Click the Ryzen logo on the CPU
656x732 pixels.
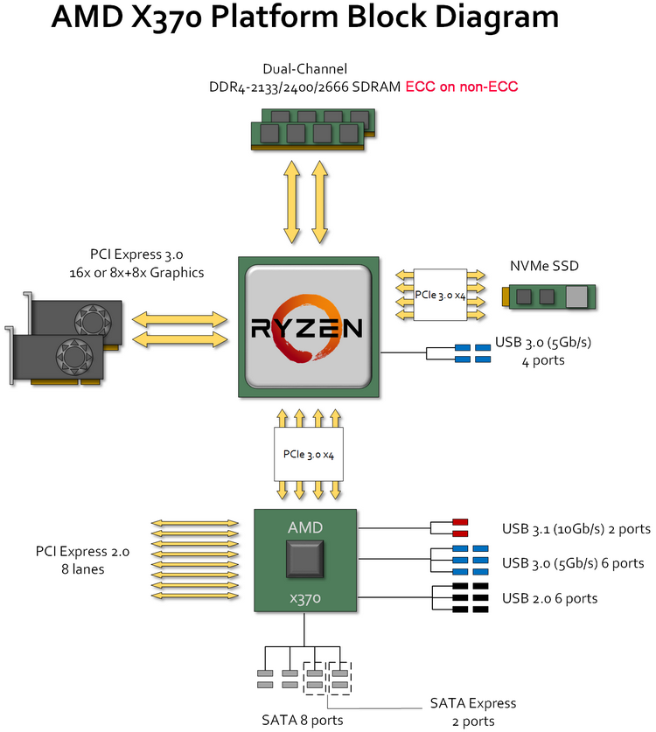pos(307,328)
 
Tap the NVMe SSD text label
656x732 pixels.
pos(545,266)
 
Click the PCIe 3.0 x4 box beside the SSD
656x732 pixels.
pos(441,293)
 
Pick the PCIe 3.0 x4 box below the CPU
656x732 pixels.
pos(307,454)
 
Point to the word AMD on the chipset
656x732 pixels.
pos(305,527)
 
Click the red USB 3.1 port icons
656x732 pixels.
pos(460,528)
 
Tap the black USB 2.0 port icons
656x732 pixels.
pos(470,598)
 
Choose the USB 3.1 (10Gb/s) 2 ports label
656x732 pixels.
pos(576,528)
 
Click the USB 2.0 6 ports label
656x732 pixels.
pos(550,598)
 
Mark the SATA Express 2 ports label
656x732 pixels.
pos(472,712)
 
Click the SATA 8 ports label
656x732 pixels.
pos(302,720)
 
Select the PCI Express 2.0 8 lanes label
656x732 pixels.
pos(82,561)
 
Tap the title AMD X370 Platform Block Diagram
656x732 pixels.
pos(304,20)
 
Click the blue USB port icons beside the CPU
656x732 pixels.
pos(472,353)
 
